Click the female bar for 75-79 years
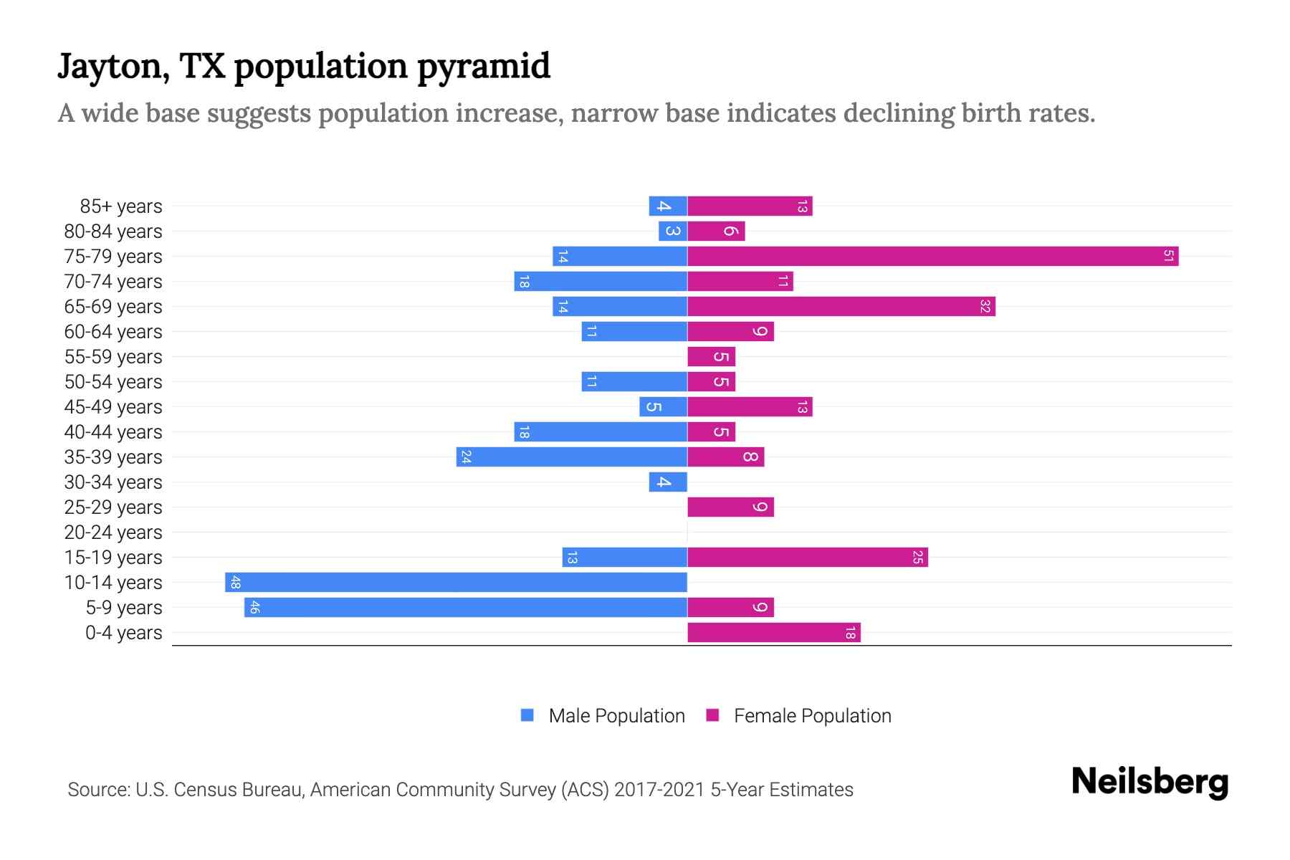pyautogui.click(x=932, y=257)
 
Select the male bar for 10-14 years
pyautogui.click(x=456, y=583)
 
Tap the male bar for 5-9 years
pyautogui.click(x=466, y=608)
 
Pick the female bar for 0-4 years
pyautogui.click(x=773, y=633)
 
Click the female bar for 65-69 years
pyautogui.click(x=841, y=307)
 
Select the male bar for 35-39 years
pyautogui.click(x=571, y=457)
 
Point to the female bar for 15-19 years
pyautogui.click(x=807, y=558)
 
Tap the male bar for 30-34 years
pyautogui.click(x=668, y=482)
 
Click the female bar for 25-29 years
pyautogui.click(x=730, y=507)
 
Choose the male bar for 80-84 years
pyautogui.click(x=673, y=231)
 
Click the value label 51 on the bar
pyautogui.click(x=1168, y=257)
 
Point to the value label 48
pyautogui.click(x=235, y=583)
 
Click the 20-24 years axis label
pyautogui.click(x=113, y=532)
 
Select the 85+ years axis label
pyautogui.click(x=121, y=206)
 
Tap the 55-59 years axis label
pyautogui.click(x=113, y=357)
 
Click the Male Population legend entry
pyautogui.click(x=616, y=716)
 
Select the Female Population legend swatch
pyautogui.click(x=712, y=715)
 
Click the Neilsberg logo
pyautogui.click(x=1150, y=782)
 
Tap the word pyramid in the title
pyautogui.click(x=484, y=67)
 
